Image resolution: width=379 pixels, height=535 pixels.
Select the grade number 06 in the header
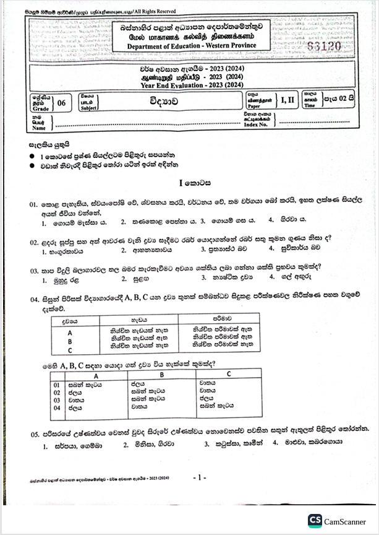pos(61,103)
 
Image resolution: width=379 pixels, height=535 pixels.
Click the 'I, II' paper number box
pos(287,100)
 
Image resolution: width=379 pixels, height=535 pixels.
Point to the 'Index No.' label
pos(255,124)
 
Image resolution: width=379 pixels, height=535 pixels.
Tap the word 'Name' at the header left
pos(39,128)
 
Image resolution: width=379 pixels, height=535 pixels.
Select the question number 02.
pos(34,242)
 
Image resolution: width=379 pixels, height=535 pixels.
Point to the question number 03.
pos(34,270)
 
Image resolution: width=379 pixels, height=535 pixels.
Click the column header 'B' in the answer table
pos(161,375)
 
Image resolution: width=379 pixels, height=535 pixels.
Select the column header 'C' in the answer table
pos(228,374)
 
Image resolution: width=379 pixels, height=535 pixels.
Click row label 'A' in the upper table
pos(70,333)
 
